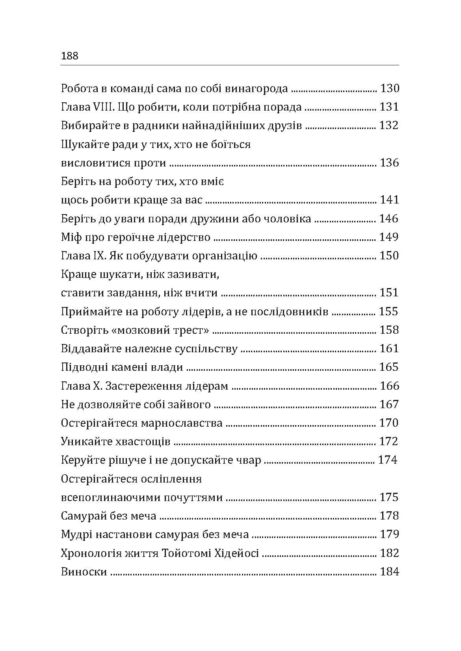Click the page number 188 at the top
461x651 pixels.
click(70, 56)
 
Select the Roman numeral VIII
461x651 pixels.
click(95, 107)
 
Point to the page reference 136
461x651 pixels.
click(389, 163)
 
